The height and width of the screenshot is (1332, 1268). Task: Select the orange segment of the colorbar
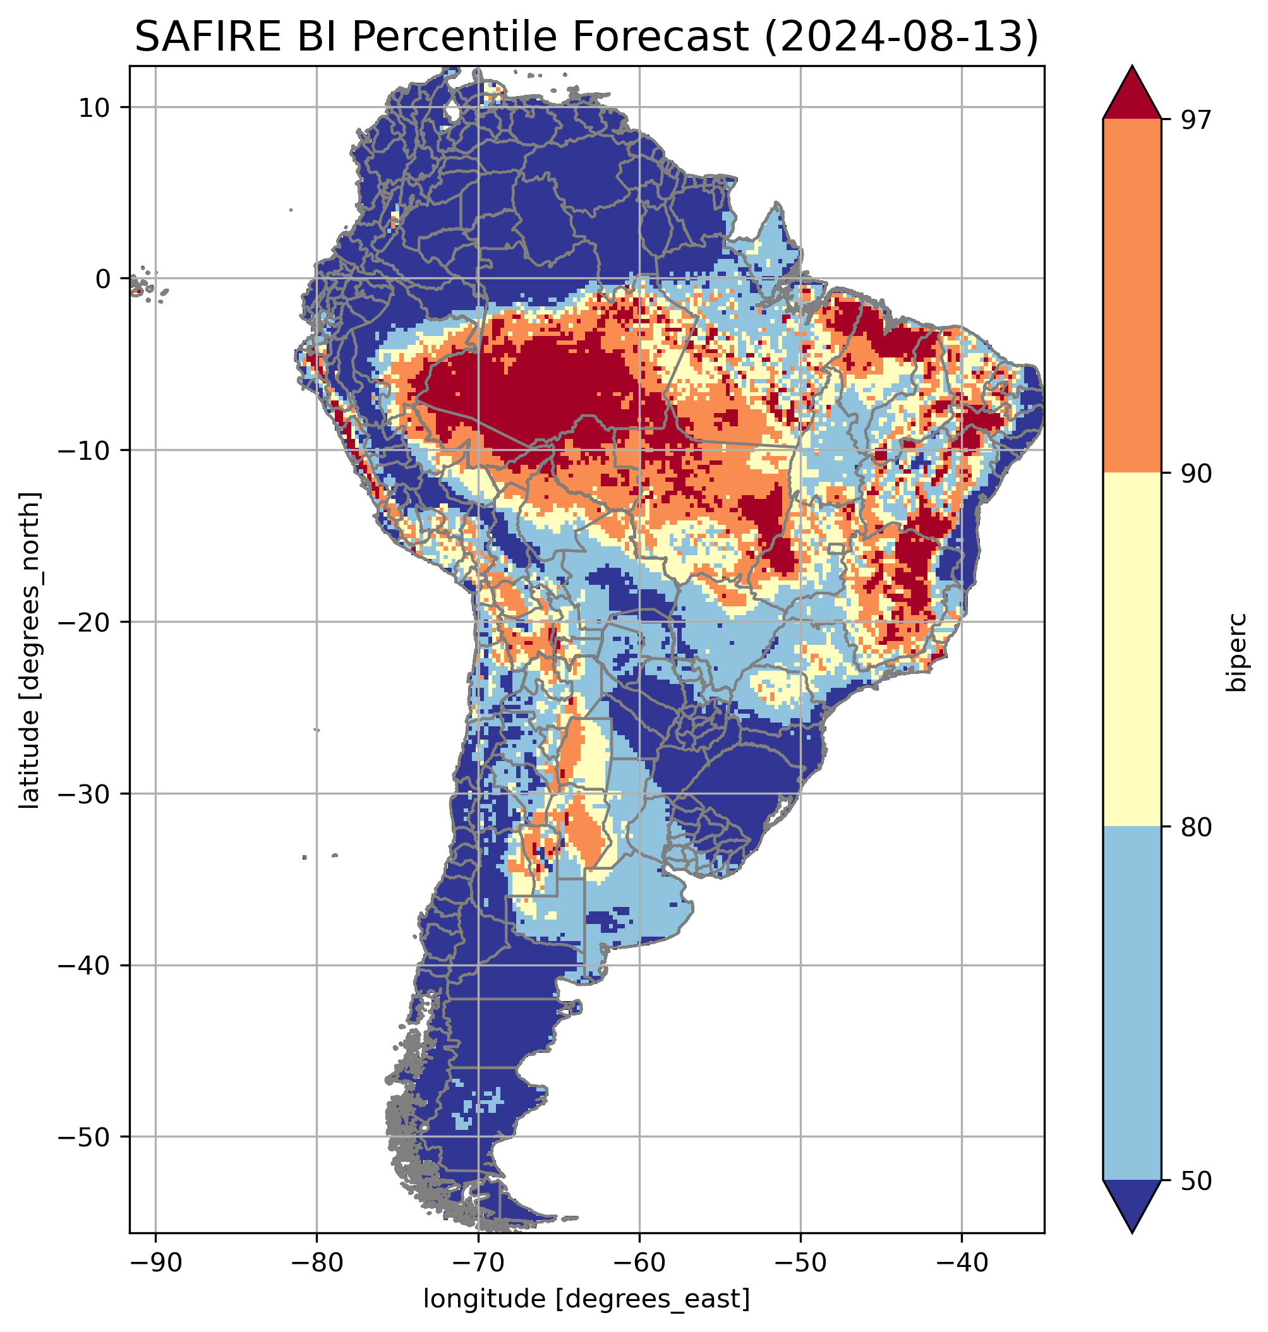(x=1132, y=296)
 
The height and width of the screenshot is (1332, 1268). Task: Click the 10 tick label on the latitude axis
(x=95, y=107)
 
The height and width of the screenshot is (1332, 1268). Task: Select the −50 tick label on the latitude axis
(x=85, y=1137)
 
